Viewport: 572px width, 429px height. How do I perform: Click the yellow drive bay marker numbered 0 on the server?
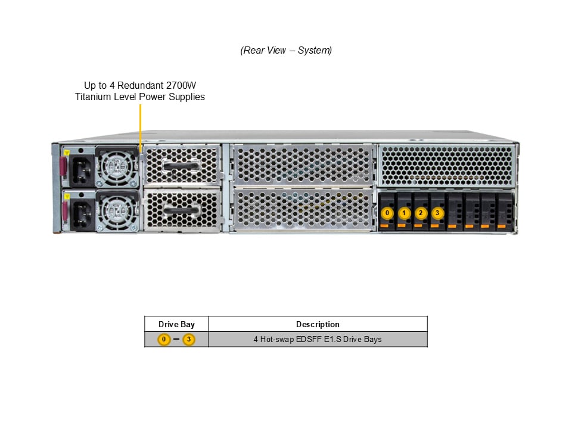click(387, 213)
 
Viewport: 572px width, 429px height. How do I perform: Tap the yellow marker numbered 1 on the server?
click(405, 213)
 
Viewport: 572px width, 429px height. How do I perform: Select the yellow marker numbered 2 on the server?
click(421, 213)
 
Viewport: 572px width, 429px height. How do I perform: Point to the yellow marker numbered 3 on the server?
click(438, 213)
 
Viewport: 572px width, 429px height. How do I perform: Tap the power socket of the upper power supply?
click(82, 169)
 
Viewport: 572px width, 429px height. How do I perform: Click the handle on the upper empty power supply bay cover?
click(181, 164)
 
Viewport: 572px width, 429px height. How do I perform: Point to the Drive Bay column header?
click(176, 324)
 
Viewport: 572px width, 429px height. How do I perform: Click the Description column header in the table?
click(318, 324)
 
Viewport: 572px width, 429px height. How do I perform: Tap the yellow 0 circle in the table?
click(164, 340)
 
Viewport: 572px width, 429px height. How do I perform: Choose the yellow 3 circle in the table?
click(189, 340)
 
